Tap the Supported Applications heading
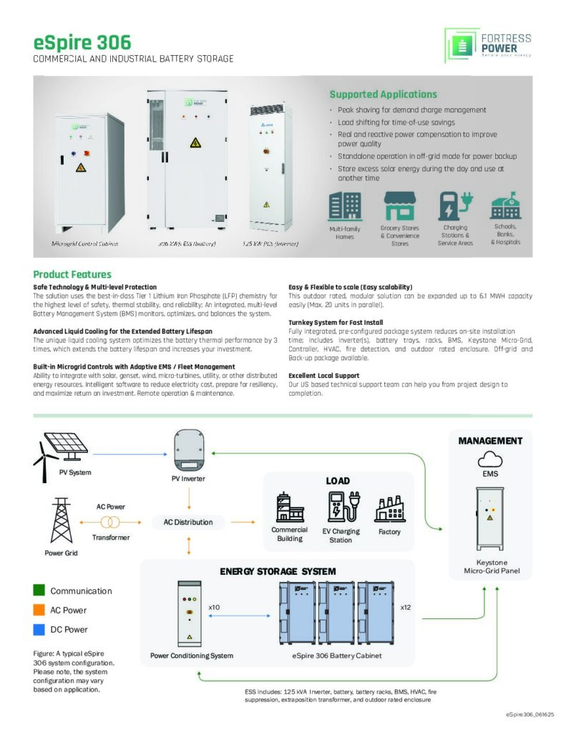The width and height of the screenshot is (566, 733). (x=383, y=94)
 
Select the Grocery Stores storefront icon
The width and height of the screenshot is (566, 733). (x=399, y=206)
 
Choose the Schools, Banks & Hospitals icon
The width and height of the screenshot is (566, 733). (x=505, y=205)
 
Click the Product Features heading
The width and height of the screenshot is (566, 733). (x=72, y=274)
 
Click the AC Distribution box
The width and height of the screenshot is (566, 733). (x=188, y=522)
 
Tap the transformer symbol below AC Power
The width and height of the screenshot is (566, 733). (x=111, y=522)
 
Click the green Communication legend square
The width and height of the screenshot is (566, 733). (x=40, y=591)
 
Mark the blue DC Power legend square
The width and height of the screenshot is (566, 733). (x=40, y=629)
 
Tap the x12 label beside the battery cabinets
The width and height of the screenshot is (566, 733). (x=406, y=607)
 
